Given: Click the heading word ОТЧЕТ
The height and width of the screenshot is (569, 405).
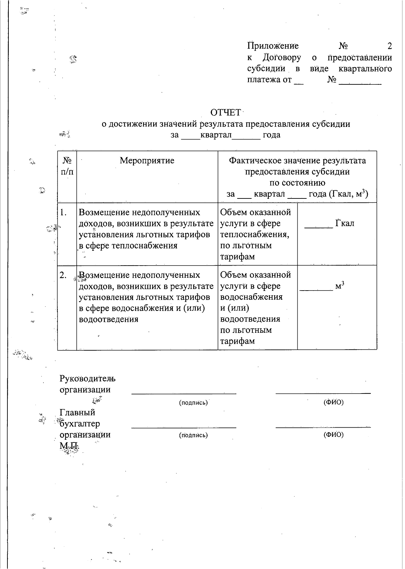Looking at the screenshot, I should click(x=225, y=112).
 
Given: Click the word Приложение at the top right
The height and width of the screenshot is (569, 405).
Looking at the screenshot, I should click(x=273, y=46).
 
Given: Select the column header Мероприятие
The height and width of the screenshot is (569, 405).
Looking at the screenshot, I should click(x=147, y=161).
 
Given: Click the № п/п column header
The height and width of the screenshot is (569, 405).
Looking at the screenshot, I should click(x=67, y=166).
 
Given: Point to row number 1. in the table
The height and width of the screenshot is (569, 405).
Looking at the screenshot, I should click(x=63, y=213).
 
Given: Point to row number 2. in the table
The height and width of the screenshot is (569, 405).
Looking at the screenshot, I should click(x=63, y=275).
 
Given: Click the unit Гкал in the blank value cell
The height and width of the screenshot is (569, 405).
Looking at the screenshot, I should click(x=345, y=223).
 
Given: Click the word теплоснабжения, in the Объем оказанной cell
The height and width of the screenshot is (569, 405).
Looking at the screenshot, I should click(x=254, y=235).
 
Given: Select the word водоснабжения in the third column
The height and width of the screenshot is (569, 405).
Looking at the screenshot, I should click(x=251, y=297).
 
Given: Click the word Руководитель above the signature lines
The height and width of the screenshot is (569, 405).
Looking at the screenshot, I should click(x=87, y=379).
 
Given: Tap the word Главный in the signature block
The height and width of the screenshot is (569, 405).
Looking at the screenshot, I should click(x=77, y=412).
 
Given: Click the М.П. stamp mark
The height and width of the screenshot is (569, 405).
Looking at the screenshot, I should click(x=69, y=445).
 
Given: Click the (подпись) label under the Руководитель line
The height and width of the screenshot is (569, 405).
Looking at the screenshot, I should click(x=193, y=403).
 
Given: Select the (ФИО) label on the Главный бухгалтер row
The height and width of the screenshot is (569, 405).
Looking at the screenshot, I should click(x=333, y=435).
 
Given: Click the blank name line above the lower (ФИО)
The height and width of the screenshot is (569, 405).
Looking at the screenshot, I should click(x=323, y=427).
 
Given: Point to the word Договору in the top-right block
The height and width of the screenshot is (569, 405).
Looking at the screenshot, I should click(x=282, y=58).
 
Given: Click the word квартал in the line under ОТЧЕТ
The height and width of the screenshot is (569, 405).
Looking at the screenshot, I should click(x=216, y=135).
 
